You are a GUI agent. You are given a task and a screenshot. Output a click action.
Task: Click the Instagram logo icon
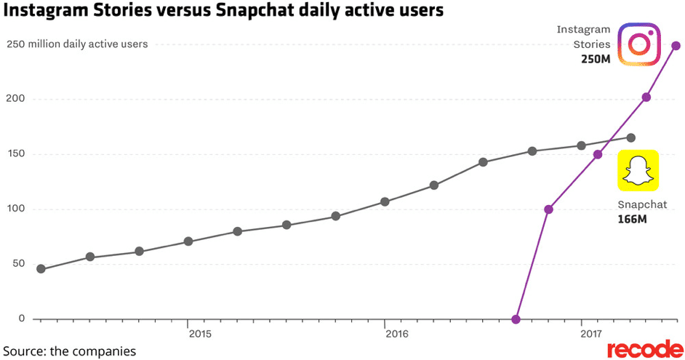[x=638, y=44]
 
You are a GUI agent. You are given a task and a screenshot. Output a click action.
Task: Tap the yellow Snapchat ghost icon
[x=638, y=171]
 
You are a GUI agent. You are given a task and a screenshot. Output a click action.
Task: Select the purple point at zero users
[x=516, y=319]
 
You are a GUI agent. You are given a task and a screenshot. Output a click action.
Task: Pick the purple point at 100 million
[x=549, y=209]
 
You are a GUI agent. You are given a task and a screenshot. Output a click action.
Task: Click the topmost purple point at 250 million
[x=676, y=46]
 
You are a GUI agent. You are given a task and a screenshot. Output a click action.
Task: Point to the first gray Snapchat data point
[x=41, y=269]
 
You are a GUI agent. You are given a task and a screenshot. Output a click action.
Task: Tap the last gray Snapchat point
[x=630, y=137]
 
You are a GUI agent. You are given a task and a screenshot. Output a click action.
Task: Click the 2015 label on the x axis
[x=200, y=335]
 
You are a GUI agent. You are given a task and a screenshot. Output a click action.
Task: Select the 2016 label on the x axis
[x=397, y=335]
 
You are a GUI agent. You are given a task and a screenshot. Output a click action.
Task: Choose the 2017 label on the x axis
[x=593, y=335]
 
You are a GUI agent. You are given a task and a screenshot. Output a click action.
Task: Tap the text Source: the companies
[x=68, y=351]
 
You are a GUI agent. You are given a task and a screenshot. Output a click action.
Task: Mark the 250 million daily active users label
[x=77, y=44]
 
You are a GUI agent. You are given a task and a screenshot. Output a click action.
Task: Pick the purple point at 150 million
[x=598, y=154]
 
